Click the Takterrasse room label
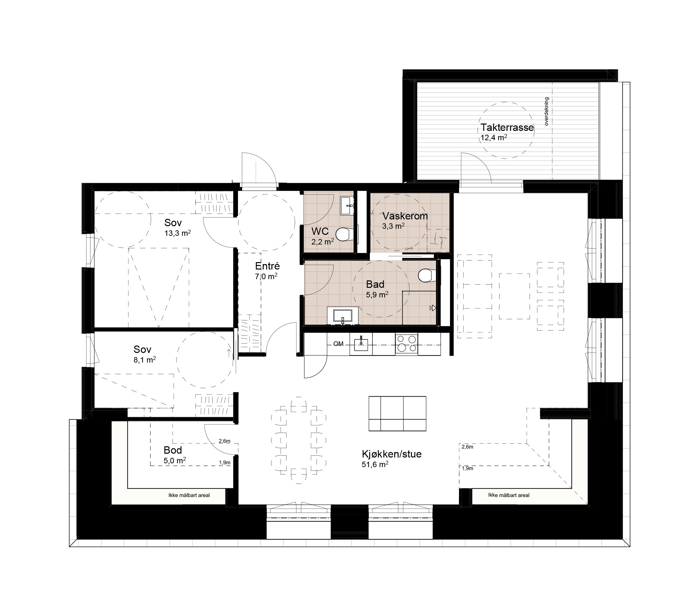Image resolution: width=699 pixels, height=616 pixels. [x=507, y=128]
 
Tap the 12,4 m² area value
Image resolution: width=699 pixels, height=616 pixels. [x=494, y=138]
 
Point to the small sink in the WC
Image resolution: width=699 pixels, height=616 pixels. [x=347, y=206]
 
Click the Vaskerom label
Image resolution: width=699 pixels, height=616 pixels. [x=405, y=216]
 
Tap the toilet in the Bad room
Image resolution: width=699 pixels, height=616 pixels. [x=426, y=275]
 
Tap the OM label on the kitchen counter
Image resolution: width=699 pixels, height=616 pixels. [x=338, y=344]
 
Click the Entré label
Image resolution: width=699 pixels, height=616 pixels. [x=268, y=266]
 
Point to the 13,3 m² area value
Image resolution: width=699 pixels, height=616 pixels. [x=177, y=233]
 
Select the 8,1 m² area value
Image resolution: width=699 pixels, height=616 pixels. [x=145, y=360]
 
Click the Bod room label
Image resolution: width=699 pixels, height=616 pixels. [x=173, y=450]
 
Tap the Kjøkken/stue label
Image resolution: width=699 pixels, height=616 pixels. [x=392, y=454]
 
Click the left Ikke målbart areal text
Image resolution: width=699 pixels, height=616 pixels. [x=189, y=495]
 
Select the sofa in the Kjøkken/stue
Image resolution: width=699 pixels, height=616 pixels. [x=397, y=414]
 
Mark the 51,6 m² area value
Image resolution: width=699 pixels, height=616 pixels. [x=375, y=465]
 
